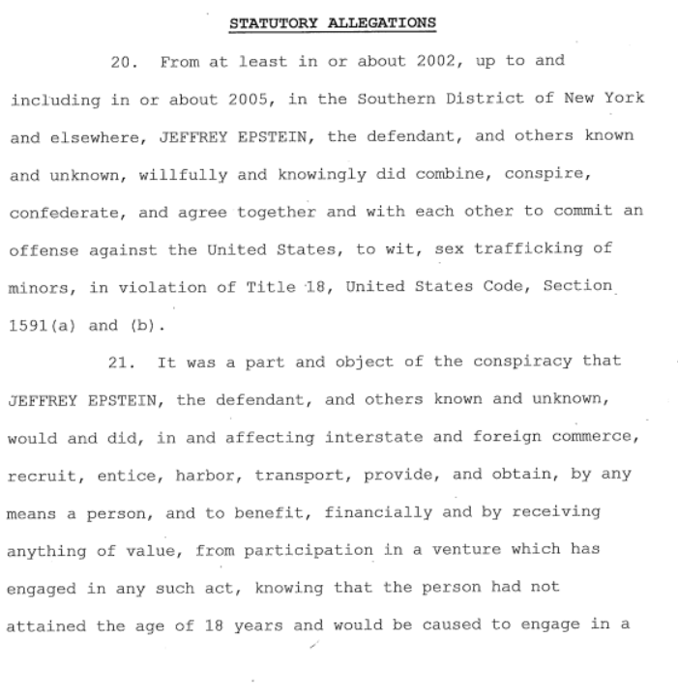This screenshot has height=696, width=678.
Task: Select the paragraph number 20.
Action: point(124,61)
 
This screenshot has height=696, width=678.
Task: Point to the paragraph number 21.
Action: point(124,362)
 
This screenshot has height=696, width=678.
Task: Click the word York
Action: point(625,99)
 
